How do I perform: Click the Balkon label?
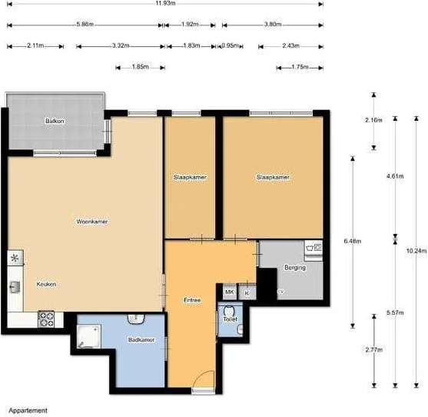click(x=55, y=121)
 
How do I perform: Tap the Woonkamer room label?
click(x=92, y=222)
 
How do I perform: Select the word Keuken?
click(x=46, y=284)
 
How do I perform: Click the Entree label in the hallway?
click(x=192, y=299)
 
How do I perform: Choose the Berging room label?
click(x=294, y=268)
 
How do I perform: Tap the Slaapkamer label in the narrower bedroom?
click(x=190, y=177)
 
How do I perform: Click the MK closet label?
click(x=229, y=292)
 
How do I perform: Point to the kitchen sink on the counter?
click(x=15, y=287)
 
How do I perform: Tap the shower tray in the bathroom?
click(x=87, y=335)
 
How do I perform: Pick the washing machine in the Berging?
click(x=314, y=248)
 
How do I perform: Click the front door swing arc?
click(x=201, y=379)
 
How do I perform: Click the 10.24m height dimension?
click(x=416, y=250)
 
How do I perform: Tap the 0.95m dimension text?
click(x=229, y=46)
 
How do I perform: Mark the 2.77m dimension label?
click(x=374, y=350)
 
